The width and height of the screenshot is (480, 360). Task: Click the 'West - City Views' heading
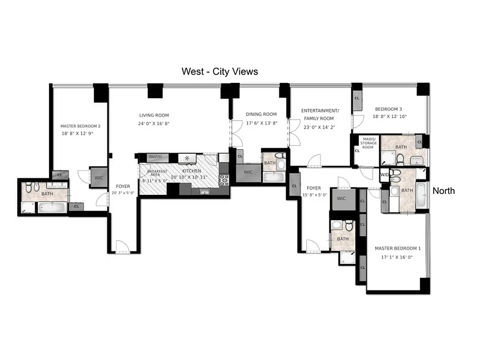click(220, 71)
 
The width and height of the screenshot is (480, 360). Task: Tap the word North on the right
click(444, 191)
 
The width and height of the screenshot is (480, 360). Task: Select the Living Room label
click(154, 115)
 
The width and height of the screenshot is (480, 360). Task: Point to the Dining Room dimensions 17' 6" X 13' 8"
click(261, 123)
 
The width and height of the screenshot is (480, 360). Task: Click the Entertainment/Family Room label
click(320, 114)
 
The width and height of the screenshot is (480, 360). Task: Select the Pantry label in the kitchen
click(155, 157)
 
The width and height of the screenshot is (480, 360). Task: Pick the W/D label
click(384, 175)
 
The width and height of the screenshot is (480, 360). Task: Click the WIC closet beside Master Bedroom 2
click(99, 178)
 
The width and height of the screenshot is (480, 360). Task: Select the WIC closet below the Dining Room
click(248, 172)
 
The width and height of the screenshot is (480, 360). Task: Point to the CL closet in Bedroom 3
click(357, 99)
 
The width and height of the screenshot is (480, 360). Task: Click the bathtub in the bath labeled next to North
click(421, 195)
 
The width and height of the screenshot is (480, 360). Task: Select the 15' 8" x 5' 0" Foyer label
click(314, 188)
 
